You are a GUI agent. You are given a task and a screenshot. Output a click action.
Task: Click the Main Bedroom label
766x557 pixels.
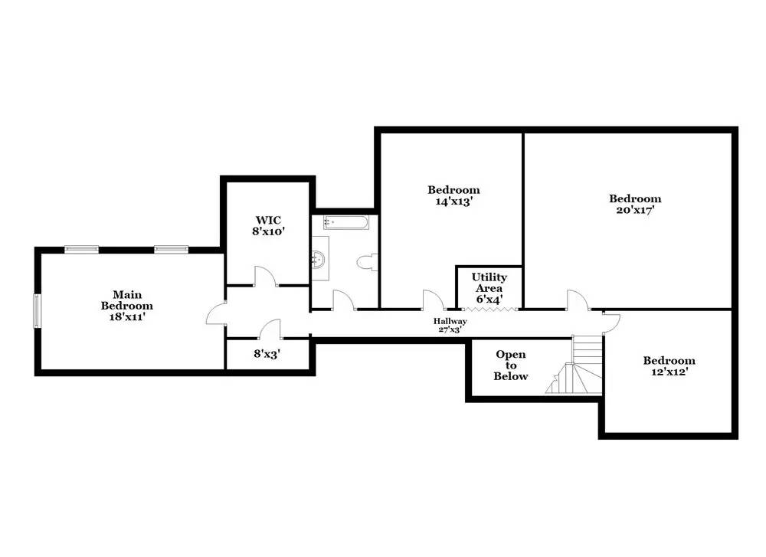(x=127, y=300)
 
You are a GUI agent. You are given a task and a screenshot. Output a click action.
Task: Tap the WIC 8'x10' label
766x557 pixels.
(x=268, y=226)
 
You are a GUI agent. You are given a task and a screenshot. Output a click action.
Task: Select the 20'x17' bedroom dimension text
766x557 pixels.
(x=635, y=210)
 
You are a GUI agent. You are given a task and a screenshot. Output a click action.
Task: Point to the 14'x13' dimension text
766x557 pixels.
(x=453, y=202)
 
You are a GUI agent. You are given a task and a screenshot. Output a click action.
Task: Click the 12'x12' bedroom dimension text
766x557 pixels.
(x=669, y=372)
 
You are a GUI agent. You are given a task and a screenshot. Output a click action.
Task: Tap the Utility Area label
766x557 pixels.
(x=489, y=283)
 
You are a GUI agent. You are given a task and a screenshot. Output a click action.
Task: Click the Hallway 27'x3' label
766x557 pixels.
(x=450, y=325)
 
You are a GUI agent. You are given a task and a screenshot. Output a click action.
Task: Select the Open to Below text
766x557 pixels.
(x=510, y=365)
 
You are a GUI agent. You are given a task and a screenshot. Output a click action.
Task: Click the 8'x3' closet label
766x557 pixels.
(x=267, y=353)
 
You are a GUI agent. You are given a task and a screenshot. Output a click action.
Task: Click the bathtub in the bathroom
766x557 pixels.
(x=346, y=222)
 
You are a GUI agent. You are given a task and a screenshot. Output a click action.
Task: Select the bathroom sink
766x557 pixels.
(x=319, y=258)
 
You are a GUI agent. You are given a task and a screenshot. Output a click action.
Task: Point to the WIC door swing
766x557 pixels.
(x=265, y=276)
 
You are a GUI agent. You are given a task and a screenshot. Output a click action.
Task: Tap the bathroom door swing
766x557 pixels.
(x=344, y=300)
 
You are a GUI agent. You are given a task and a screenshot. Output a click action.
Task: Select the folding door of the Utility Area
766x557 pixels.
(x=489, y=309)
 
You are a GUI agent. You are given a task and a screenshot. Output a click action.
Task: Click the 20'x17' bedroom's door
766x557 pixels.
(x=578, y=300)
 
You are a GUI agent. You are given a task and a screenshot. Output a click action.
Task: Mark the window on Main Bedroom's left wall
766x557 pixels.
(x=37, y=311)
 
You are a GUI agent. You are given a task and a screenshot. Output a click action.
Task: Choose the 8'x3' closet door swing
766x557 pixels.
(x=270, y=329)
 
